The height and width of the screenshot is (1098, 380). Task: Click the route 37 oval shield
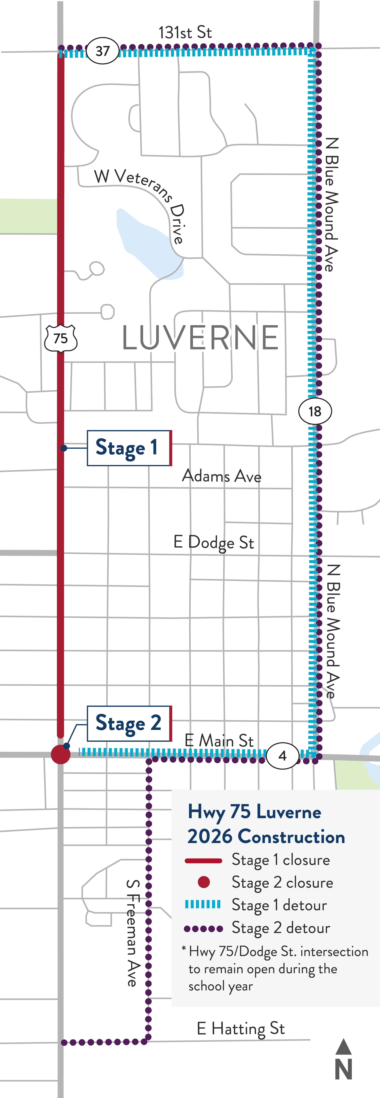coord(102,51)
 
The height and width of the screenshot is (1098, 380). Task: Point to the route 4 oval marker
coord(283,756)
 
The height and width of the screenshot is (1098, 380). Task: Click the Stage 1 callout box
coord(129,448)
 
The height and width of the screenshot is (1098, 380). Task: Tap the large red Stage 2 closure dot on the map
coord(61,755)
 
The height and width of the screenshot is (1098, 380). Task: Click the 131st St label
coord(185,32)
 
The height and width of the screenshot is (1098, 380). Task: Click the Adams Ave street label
coord(222,476)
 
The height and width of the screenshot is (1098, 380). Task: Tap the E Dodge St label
coord(214,543)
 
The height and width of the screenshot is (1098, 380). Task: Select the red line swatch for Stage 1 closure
coord(203,861)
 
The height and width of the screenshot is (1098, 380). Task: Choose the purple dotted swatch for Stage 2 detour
coord(203,929)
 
